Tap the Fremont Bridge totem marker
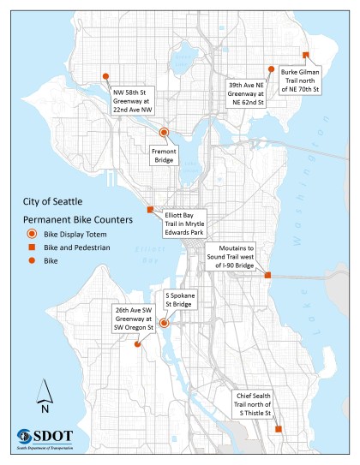[163, 132]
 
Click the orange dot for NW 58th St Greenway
[105, 75]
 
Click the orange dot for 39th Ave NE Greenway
[271, 69]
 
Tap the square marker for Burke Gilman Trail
[306, 54]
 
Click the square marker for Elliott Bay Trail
[151, 210]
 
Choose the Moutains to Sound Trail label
[237, 255]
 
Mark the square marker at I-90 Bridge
[267, 276]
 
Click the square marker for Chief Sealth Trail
[279, 429]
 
